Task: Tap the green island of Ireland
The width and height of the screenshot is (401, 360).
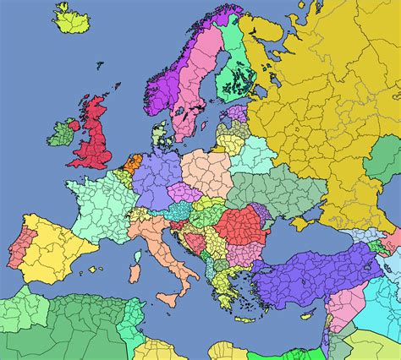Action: [x=61, y=132]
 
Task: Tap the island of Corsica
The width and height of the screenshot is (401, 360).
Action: [x=136, y=248]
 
